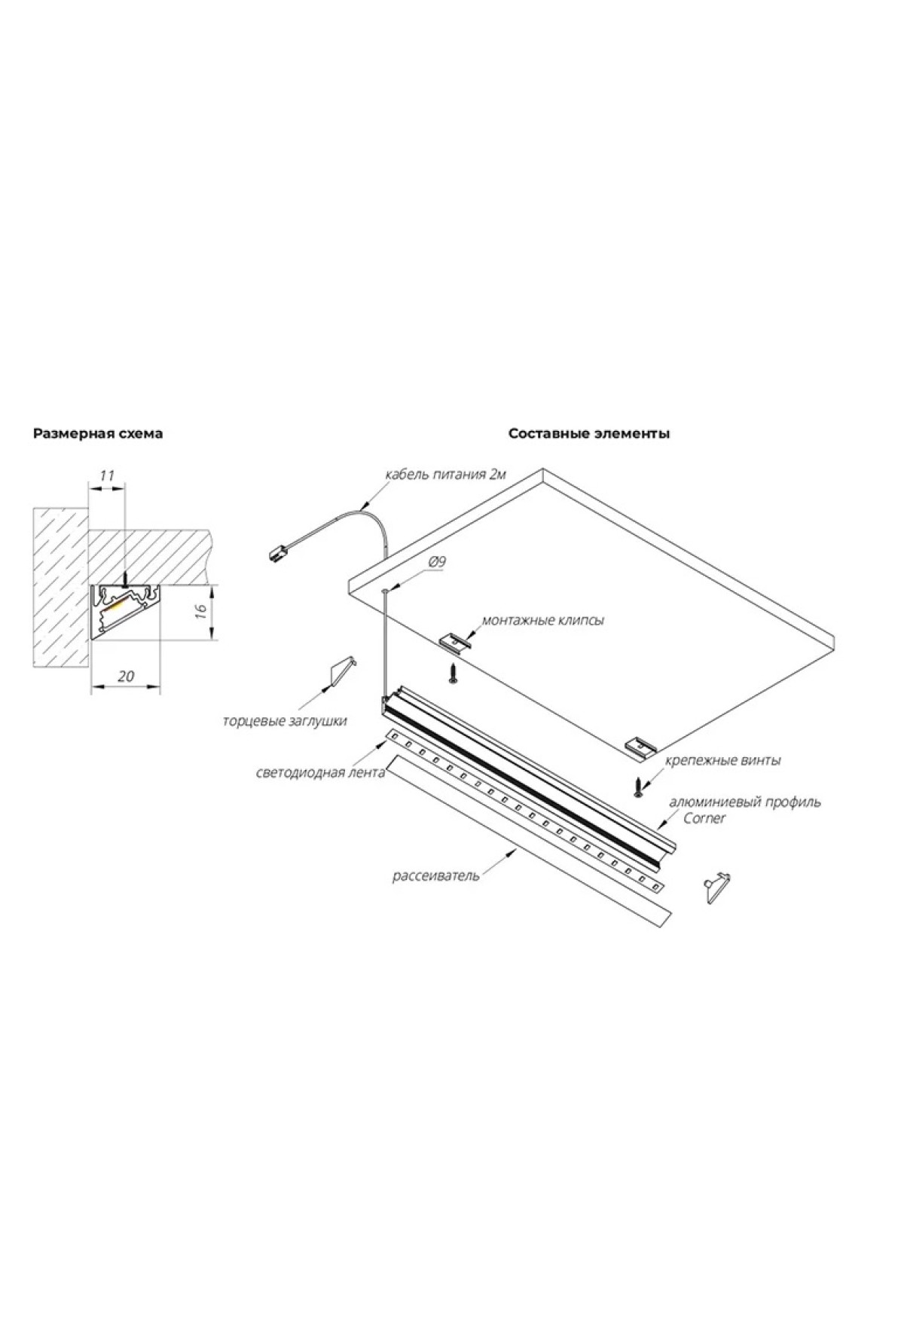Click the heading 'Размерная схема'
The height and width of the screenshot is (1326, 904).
(x=98, y=434)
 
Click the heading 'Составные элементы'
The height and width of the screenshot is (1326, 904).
(x=589, y=434)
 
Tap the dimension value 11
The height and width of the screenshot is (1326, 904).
(x=107, y=475)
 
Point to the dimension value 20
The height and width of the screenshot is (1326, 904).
(x=127, y=676)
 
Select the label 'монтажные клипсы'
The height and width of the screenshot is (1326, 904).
(x=543, y=621)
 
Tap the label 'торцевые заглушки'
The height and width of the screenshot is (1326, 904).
(x=285, y=721)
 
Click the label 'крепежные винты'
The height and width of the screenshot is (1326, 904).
(x=722, y=760)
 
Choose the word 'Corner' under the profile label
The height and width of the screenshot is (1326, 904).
(x=704, y=818)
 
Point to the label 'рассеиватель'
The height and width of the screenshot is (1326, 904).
(x=435, y=876)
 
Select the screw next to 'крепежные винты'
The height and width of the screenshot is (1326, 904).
(x=640, y=786)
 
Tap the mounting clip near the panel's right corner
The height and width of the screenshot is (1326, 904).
(x=643, y=746)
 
